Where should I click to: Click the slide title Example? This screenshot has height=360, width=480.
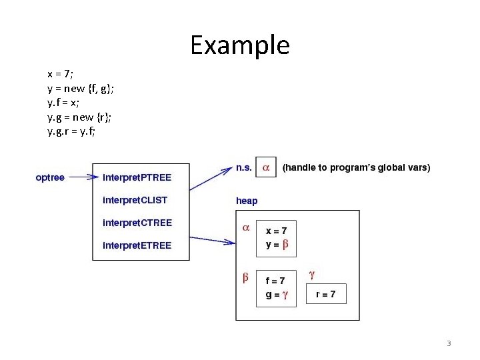click(x=240, y=45)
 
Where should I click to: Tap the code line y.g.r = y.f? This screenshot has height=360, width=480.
click(x=71, y=131)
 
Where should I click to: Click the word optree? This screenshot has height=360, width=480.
click(x=50, y=177)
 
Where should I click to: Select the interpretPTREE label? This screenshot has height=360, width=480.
click(x=137, y=177)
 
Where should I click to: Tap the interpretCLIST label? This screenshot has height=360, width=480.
click(x=135, y=199)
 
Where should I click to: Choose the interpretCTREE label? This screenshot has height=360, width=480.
click(x=137, y=223)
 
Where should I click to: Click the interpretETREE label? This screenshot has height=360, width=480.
click(x=137, y=245)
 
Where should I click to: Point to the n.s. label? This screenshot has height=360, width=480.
click(x=244, y=168)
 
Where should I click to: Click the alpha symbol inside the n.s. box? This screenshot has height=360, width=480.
click(x=266, y=169)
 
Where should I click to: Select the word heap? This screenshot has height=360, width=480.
click(x=247, y=201)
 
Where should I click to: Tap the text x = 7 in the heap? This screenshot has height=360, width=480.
click(x=277, y=231)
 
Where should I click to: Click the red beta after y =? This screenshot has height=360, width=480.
click(x=285, y=245)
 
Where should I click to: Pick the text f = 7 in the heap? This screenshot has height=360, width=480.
click(x=275, y=281)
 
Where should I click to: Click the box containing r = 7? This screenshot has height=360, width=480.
click(x=326, y=294)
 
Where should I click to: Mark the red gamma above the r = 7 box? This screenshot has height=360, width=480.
click(x=311, y=274)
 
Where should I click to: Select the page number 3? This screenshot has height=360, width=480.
click(x=449, y=344)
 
